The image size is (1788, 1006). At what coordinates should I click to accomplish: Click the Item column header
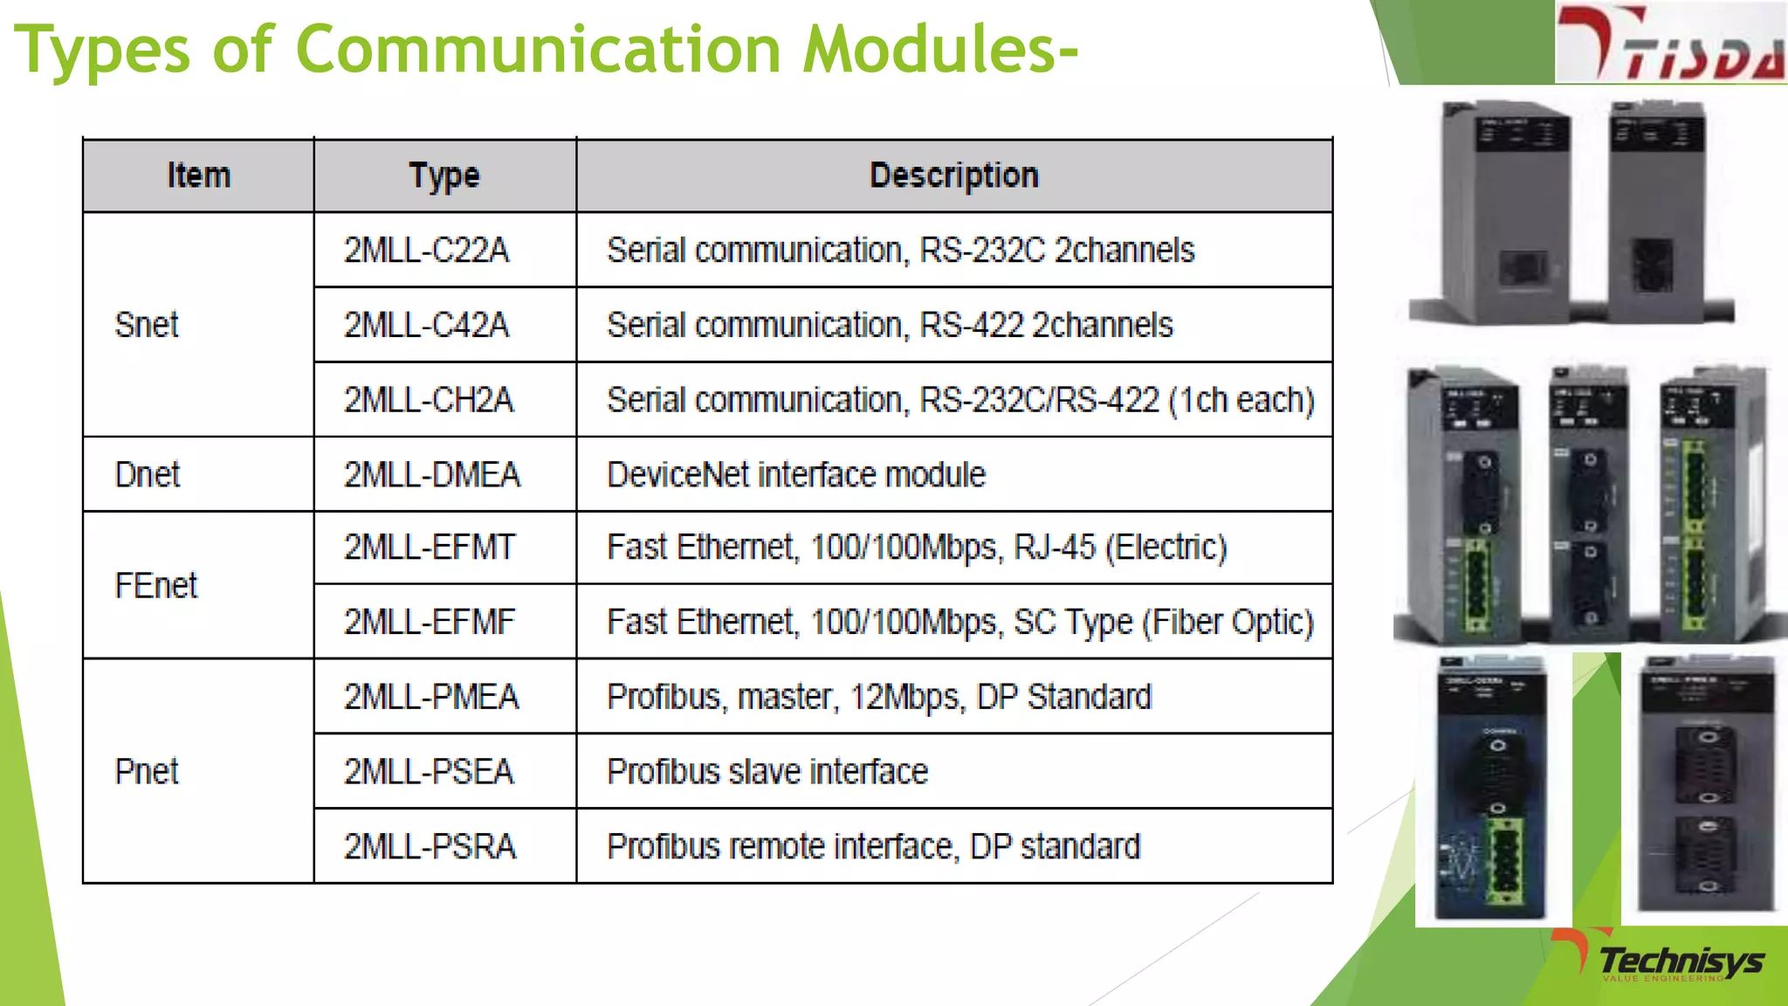(199, 176)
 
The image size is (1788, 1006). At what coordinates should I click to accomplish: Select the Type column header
(444, 176)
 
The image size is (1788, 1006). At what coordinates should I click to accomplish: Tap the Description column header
(954, 176)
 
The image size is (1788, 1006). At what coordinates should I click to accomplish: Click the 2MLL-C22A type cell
(426, 251)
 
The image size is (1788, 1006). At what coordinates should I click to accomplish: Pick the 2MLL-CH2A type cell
(429, 400)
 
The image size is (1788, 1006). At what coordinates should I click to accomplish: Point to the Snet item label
(147, 325)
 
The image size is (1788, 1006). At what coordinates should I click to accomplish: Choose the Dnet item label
(148, 474)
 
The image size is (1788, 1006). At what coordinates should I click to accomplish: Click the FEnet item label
(156, 585)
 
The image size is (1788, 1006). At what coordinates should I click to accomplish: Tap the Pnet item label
(147, 771)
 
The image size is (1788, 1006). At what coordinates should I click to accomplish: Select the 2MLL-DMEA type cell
(432, 474)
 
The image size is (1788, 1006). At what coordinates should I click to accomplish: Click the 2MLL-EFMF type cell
(430, 622)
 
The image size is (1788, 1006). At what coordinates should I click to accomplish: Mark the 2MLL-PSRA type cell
(430, 846)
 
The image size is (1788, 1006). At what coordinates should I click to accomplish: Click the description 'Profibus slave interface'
(767, 771)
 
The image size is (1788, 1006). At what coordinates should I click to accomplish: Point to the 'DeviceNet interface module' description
(796, 474)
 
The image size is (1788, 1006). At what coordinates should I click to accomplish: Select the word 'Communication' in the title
(539, 49)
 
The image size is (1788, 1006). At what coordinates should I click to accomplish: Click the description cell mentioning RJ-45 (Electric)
(917, 548)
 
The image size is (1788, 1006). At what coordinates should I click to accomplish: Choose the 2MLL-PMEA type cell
(431, 697)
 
